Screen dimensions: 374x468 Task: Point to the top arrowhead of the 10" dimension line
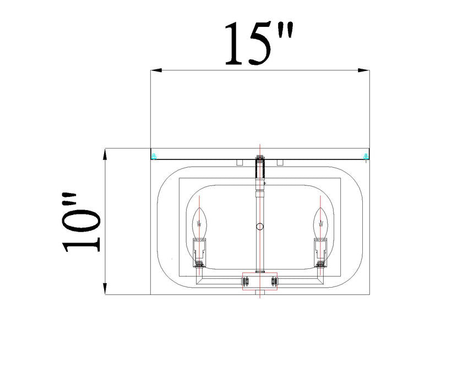coord(105,153)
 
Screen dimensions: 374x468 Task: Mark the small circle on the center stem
coord(260,226)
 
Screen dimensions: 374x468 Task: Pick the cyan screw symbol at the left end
coord(155,157)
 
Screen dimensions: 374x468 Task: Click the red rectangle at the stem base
coord(260,282)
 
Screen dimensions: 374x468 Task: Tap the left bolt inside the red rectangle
coord(246,282)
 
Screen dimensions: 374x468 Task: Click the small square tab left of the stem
coord(240,162)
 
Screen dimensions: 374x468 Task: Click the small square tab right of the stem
coord(280,162)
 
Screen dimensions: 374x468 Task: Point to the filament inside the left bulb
coord(199,224)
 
